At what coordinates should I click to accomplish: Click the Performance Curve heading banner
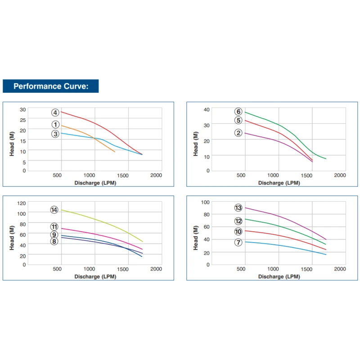click(50, 86)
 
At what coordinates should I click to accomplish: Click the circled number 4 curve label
click(55, 112)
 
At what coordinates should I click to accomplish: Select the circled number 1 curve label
click(55, 125)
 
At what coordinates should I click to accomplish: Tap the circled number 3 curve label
click(55, 134)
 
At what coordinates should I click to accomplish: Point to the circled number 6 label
click(238, 112)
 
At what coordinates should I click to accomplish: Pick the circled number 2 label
click(238, 132)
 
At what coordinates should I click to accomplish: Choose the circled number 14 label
click(54, 210)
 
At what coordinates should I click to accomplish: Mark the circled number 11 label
click(54, 227)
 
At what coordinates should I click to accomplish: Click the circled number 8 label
click(54, 241)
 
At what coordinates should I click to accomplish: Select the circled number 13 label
click(238, 207)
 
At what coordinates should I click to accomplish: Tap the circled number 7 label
click(238, 243)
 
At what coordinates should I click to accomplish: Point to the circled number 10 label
click(238, 231)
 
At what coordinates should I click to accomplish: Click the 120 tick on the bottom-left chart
click(22, 203)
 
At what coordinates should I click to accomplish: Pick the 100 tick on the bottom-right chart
click(205, 202)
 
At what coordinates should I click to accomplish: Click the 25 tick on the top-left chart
click(22, 120)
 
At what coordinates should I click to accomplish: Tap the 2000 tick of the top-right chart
click(340, 175)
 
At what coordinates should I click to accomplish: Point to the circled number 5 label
click(238, 120)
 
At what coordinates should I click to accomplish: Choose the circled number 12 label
click(238, 221)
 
